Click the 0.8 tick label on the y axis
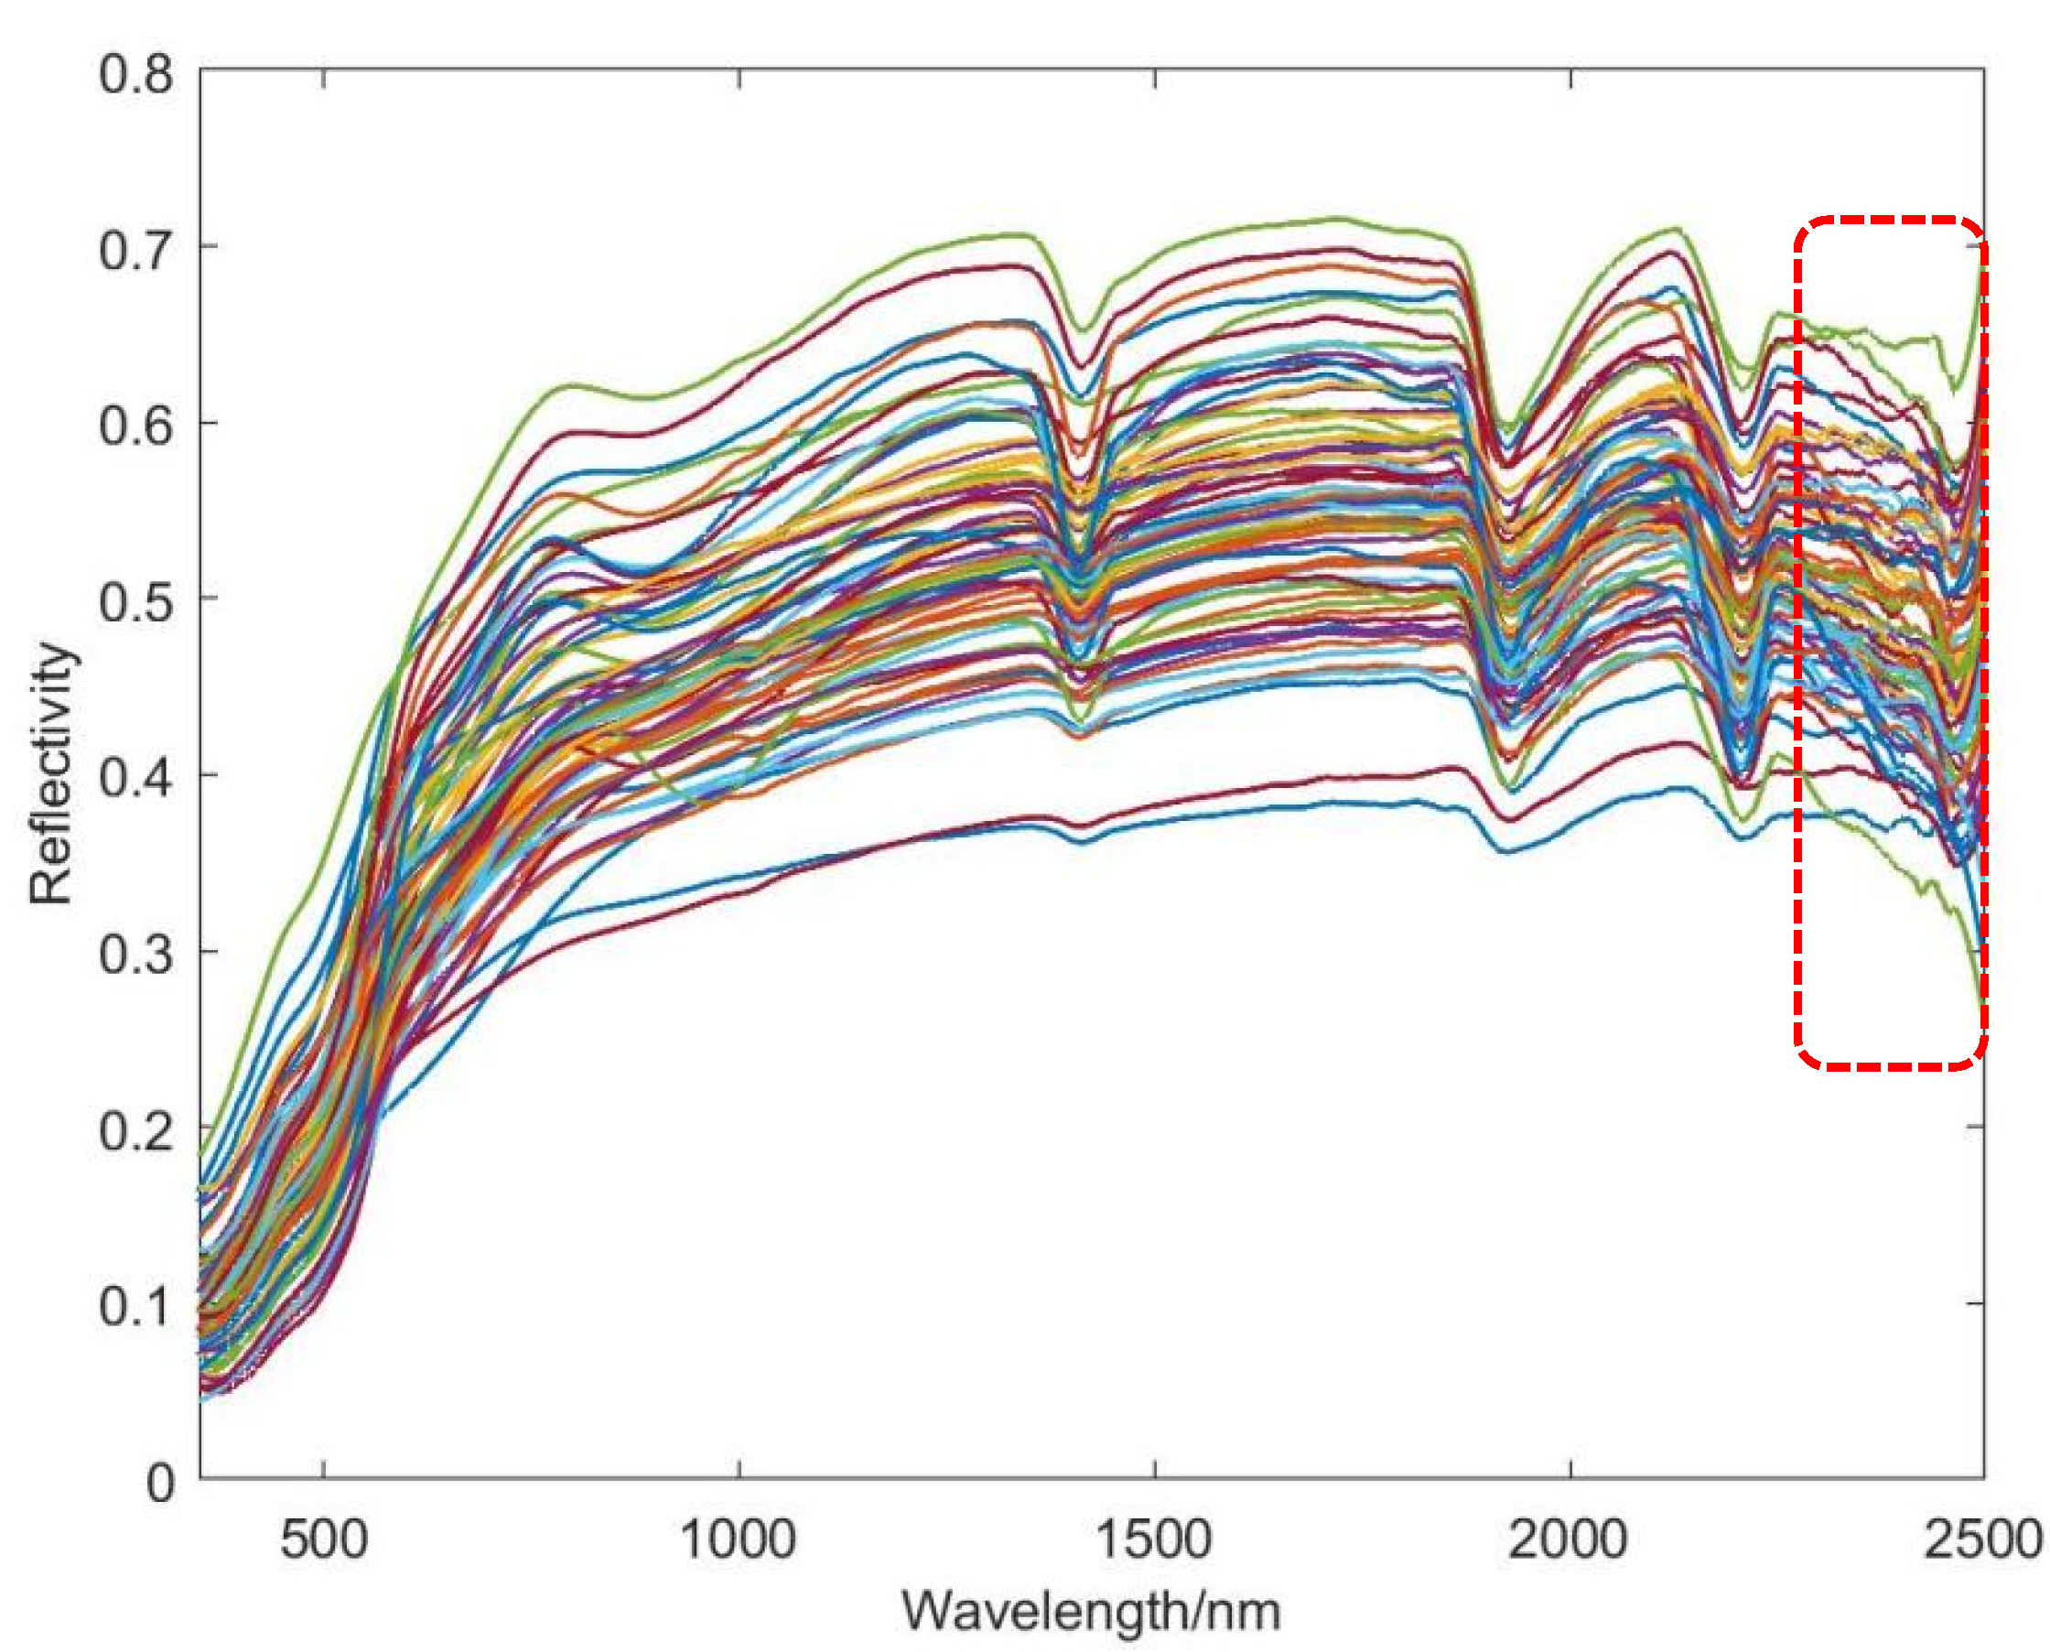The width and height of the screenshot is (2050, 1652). coord(136,73)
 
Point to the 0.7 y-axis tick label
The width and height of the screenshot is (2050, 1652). coord(136,249)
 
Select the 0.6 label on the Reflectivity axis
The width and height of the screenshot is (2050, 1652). coord(136,426)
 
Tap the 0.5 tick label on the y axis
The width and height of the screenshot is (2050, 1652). coord(136,601)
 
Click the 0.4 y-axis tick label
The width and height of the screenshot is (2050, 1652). coord(136,777)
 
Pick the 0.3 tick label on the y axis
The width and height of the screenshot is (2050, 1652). coord(136,954)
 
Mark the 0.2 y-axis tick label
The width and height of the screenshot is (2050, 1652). coord(136,1129)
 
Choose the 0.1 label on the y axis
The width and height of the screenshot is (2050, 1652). coord(136,1306)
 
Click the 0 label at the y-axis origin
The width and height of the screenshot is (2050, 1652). coord(161,1482)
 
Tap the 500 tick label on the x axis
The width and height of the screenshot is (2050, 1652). coord(324,1539)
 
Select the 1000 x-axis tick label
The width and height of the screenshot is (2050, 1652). coord(739,1539)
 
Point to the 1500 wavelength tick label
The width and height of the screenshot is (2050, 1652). coord(1154,1539)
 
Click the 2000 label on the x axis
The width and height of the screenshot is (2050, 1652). coord(1570,1539)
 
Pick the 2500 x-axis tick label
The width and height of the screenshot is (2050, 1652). coord(1983,1539)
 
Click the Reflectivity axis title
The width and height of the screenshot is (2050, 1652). coord(49,772)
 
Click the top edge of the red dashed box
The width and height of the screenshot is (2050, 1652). coord(1890,221)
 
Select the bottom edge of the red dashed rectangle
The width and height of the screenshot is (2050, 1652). coord(1890,1066)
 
